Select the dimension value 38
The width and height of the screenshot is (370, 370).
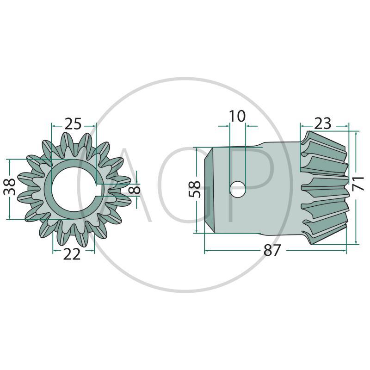[x=10, y=187]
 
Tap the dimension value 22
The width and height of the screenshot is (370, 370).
[x=72, y=254]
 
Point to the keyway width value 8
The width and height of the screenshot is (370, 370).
[x=136, y=189]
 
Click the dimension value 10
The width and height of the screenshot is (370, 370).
[x=237, y=116]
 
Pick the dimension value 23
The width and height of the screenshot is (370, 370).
[x=322, y=123]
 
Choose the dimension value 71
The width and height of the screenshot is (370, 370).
[x=358, y=183]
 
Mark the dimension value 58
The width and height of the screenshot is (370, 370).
[x=195, y=189]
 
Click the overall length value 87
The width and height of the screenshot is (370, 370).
[x=272, y=250]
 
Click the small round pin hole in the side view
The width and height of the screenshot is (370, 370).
[x=238, y=189]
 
